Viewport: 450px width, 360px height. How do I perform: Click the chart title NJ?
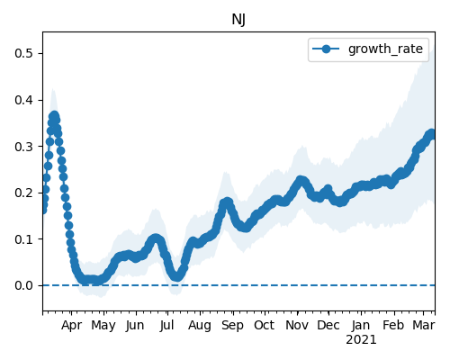(238, 20)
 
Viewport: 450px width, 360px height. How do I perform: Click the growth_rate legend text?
(385, 49)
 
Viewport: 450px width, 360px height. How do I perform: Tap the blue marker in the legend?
(326, 49)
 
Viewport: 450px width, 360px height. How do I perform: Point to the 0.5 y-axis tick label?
(23, 53)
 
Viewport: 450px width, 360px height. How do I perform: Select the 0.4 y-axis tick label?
(23, 100)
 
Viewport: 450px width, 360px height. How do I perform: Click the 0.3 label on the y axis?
(23, 147)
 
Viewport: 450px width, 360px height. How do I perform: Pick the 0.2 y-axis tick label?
(23, 193)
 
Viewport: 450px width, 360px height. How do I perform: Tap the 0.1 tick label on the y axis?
(23, 239)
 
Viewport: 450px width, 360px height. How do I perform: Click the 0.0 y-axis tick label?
(23, 285)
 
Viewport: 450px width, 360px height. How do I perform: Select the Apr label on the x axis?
(71, 326)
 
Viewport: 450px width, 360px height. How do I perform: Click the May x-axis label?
(103, 326)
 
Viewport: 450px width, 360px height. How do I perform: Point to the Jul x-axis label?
(166, 325)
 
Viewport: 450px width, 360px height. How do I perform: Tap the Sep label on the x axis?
(232, 326)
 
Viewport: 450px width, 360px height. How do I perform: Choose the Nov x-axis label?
(297, 325)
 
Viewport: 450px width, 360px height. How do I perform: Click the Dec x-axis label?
(328, 325)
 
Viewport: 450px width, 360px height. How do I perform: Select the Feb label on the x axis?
(394, 325)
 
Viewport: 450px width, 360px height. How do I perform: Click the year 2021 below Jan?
(361, 340)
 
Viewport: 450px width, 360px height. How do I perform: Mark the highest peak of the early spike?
(54, 116)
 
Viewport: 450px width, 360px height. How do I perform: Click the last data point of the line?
(432, 133)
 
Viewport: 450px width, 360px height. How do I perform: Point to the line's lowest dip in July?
(177, 276)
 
